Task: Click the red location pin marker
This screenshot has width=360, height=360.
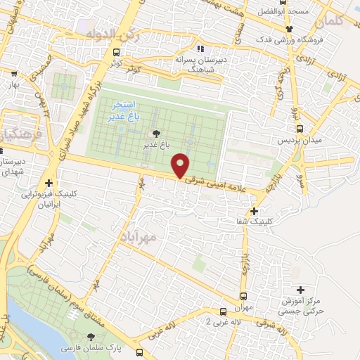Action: click(181, 165)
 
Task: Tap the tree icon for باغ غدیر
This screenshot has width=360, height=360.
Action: click(155, 133)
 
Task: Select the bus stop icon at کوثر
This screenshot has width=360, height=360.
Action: click(115, 53)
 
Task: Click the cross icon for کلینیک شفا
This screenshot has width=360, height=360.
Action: click(254, 210)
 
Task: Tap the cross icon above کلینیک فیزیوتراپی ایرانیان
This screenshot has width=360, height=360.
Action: click(49, 183)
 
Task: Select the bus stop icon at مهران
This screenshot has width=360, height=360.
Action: click(244, 296)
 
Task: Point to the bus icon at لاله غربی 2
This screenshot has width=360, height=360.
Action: click(222, 310)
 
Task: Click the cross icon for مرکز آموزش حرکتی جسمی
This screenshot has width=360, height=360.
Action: click(301, 289)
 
